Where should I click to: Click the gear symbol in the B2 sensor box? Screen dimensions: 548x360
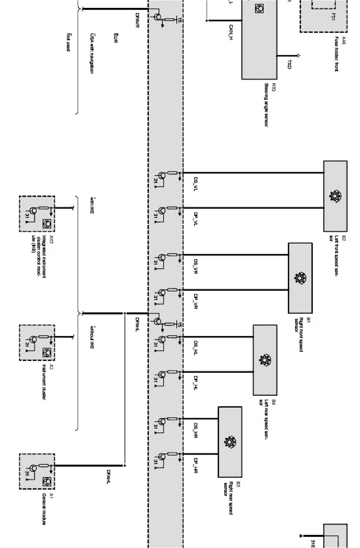pos(333,196)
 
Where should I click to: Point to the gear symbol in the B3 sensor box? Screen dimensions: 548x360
pos(229,442)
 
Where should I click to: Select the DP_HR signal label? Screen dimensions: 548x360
pos(195,465)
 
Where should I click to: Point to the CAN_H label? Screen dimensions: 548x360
pos(231,33)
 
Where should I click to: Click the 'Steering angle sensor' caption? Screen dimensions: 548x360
pos(266,105)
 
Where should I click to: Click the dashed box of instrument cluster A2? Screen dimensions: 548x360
pos(37,343)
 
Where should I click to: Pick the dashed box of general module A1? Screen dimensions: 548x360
pos(37,471)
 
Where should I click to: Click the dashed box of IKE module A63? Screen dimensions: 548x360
pos(37,214)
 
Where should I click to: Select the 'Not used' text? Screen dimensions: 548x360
pos(68,42)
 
